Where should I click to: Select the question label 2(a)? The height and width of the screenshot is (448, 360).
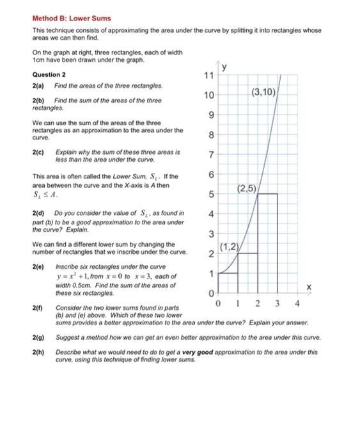coord(37,85)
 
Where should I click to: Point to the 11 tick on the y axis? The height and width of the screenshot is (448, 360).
coord(207,76)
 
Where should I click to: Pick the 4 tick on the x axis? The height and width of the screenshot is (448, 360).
coord(297,303)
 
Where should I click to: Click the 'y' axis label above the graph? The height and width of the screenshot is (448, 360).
coord(224,67)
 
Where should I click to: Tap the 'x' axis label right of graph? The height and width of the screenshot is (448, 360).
coord(309,288)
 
